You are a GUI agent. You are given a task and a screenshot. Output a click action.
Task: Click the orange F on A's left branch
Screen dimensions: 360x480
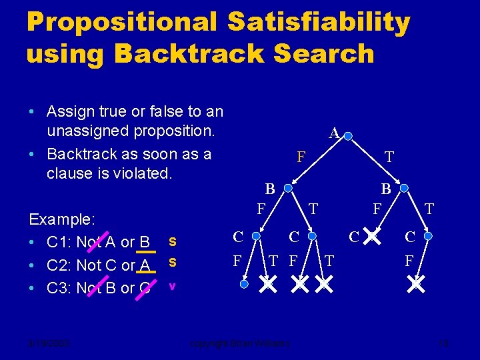301,158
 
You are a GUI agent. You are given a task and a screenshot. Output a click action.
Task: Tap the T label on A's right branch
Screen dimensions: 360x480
389,158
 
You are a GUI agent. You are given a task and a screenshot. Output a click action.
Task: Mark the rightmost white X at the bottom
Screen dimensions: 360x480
417,285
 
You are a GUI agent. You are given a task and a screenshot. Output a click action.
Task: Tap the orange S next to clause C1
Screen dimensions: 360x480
173,240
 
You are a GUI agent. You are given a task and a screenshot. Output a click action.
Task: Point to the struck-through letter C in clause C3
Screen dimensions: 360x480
146,288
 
